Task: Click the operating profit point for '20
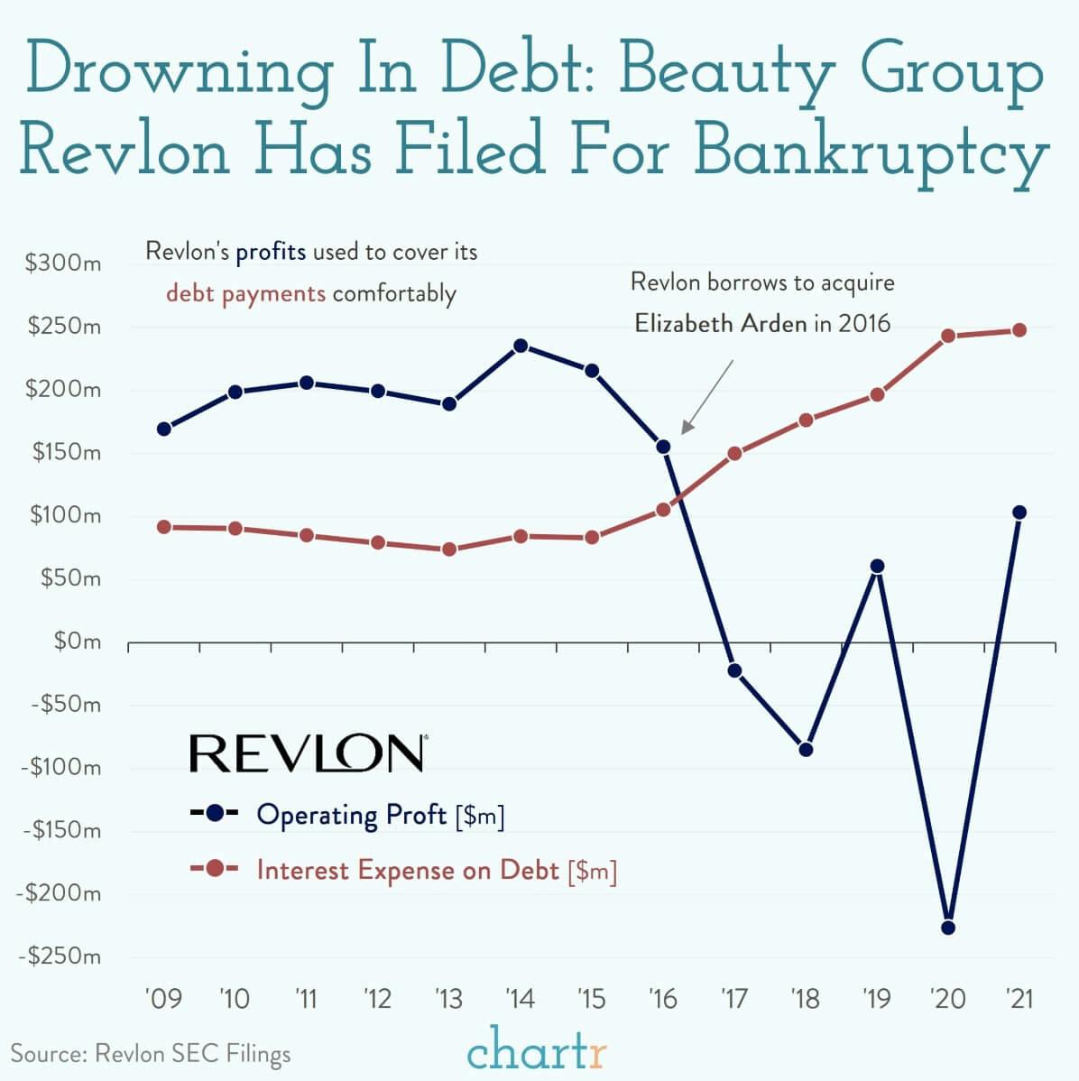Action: (947, 928)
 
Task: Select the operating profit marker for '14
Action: (520, 346)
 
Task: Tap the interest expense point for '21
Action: (1019, 330)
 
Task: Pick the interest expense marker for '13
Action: (448, 550)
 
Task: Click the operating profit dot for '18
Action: (806, 749)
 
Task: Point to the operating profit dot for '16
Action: (663, 447)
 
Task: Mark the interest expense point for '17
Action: (734, 453)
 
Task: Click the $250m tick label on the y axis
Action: (62, 327)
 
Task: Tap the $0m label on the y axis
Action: (76, 642)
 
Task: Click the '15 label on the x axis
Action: (591, 999)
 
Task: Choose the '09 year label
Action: (163, 999)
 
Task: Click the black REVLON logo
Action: (308, 753)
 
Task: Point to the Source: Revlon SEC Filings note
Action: (151, 1053)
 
